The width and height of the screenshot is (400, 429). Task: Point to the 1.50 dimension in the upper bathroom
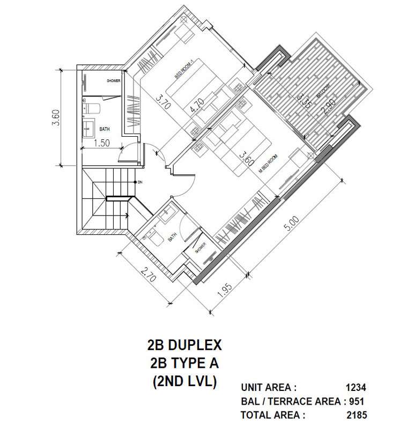102,143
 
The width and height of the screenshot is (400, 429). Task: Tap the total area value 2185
356,415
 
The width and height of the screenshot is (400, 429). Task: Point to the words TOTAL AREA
273,415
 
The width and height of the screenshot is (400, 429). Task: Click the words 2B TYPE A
184,363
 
